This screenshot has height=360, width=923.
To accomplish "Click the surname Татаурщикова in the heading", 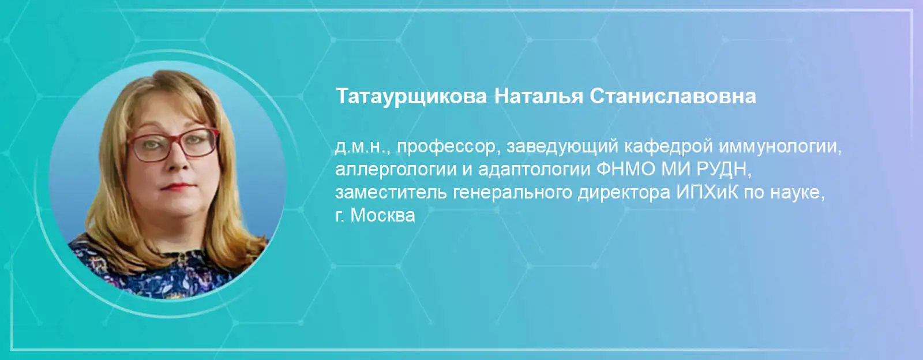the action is coord(411,97).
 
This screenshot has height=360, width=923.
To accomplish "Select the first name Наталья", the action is coord(538,96).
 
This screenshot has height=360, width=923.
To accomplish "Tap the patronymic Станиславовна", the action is coord(673,96).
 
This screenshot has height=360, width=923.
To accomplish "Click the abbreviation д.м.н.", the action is coord(360,147).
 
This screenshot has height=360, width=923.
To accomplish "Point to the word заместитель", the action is coord(391,192).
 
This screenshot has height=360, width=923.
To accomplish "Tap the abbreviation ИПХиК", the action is coord(707,192).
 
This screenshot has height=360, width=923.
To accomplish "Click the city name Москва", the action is coord(382,215).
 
